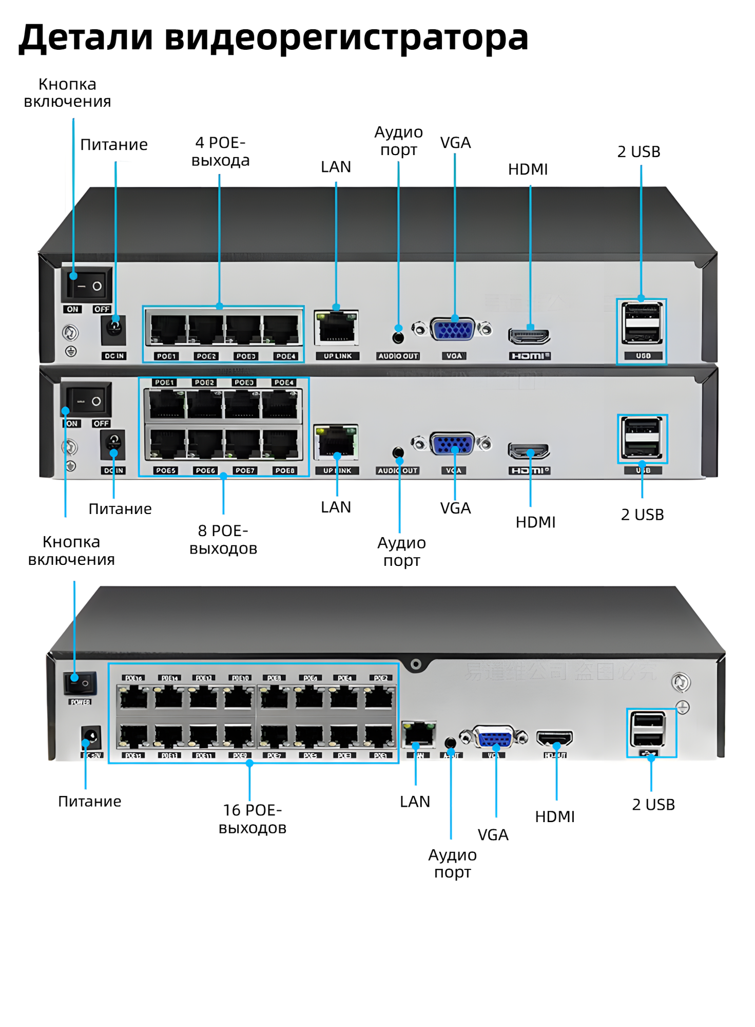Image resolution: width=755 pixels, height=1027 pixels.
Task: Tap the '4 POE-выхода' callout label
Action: click(x=220, y=151)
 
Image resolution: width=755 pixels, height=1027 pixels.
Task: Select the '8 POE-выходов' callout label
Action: click(x=223, y=539)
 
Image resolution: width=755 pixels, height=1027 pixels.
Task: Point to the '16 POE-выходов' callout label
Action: click(x=252, y=819)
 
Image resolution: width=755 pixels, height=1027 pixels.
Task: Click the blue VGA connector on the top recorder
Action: click(x=453, y=329)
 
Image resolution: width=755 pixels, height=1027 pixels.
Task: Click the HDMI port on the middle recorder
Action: click(x=529, y=450)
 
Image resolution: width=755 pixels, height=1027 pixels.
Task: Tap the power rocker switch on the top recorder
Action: click(x=86, y=285)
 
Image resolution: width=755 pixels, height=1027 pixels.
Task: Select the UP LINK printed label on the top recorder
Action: click(x=337, y=356)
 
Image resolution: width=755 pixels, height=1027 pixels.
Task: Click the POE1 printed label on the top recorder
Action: click(x=166, y=356)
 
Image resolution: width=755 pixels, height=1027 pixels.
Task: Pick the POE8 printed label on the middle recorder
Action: click(x=284, y=470)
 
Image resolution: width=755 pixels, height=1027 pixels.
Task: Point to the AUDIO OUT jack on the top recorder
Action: click(x=398, y=337)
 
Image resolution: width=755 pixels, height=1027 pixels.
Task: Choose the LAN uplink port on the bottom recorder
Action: click(x=419, y=734)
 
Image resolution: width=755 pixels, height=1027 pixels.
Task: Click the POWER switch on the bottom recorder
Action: click(x=80, y=683)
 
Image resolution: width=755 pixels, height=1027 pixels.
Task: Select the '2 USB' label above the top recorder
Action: click(x=638, y=152)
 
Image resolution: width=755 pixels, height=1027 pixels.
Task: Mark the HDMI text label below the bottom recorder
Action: click(x=554, y=816)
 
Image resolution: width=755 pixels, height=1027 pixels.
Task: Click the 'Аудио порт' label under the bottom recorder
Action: click(x=452, y=863)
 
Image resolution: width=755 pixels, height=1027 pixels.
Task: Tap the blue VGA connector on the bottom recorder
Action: click(x=494, y=738)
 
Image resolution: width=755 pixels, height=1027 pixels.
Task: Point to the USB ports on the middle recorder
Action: click(x=642, y=437)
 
